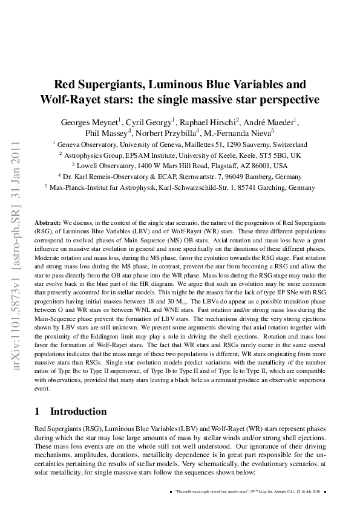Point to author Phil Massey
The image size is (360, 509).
point(107,133)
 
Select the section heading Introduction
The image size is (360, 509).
point(78,412)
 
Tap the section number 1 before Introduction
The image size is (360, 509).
point(38,412)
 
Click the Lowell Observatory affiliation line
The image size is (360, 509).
point(180,166)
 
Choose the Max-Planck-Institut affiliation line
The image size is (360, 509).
point(180,187)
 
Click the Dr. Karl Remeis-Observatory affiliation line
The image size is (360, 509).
point(180,177)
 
